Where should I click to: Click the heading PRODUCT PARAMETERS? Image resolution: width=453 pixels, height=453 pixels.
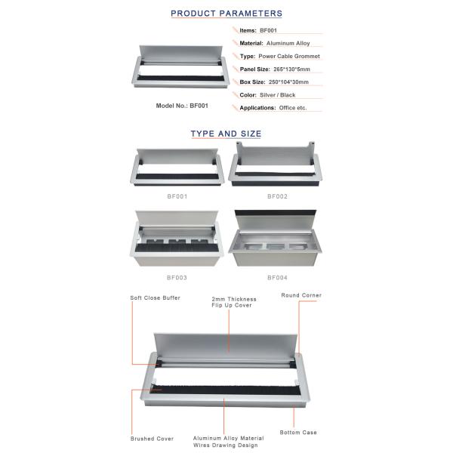click(x=226, y=14)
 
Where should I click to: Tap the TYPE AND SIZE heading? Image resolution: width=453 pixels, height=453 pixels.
click(x=226, y=134)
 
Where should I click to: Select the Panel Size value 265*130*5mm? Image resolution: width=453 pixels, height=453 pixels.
click(x=291, y=69)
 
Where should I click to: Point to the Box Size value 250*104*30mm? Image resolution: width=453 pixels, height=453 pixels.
click(x=288, y=82)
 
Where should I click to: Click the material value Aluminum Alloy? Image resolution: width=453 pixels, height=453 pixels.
click(x=288, y=43)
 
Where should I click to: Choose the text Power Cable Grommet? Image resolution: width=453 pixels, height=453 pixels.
click(x=289, y=57)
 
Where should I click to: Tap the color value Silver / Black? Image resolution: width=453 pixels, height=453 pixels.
click(x=277, y=95)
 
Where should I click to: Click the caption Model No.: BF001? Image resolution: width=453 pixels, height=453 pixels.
click(x=182, y=106)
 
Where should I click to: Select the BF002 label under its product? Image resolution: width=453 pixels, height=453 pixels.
click(x=277, y=196)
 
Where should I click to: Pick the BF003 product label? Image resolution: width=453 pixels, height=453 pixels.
click(x=177, y=278)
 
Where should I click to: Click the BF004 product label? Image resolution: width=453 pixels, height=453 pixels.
click(x=277, y=278)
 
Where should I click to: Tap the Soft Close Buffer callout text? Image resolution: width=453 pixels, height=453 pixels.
click(x=155, y=298)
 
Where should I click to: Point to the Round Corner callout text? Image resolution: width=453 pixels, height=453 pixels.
click(x=301, y=295)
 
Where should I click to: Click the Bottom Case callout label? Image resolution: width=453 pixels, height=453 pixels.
click(x=298, y=433)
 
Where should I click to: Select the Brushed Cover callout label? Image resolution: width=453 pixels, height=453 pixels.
click(x=152, y=439)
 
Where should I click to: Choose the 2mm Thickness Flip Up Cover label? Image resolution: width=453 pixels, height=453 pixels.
click(x=234, y=302)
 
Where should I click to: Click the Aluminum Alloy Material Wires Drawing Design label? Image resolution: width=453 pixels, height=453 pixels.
click(x=228, y=442)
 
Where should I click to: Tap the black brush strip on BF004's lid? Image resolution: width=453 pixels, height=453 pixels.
click(x=276, y=213)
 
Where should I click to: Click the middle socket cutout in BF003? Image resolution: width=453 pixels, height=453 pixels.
click(x=177, y=241)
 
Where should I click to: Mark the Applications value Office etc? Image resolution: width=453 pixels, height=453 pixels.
click(x=293, y=108)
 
